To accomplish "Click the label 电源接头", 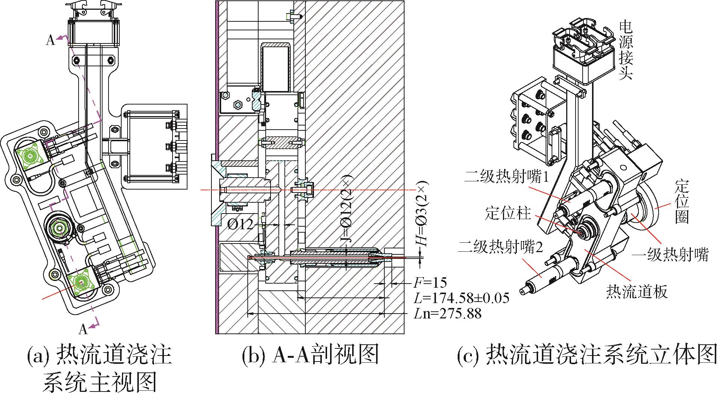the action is (625, 50).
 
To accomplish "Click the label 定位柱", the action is (508, 214).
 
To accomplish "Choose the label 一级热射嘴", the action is (670, 256).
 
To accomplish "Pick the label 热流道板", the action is (637, 291).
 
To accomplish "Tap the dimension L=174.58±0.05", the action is (461, 298).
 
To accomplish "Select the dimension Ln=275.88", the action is (448, 313).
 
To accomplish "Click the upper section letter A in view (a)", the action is (51, 40).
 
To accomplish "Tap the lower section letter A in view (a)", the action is (83, 329).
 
